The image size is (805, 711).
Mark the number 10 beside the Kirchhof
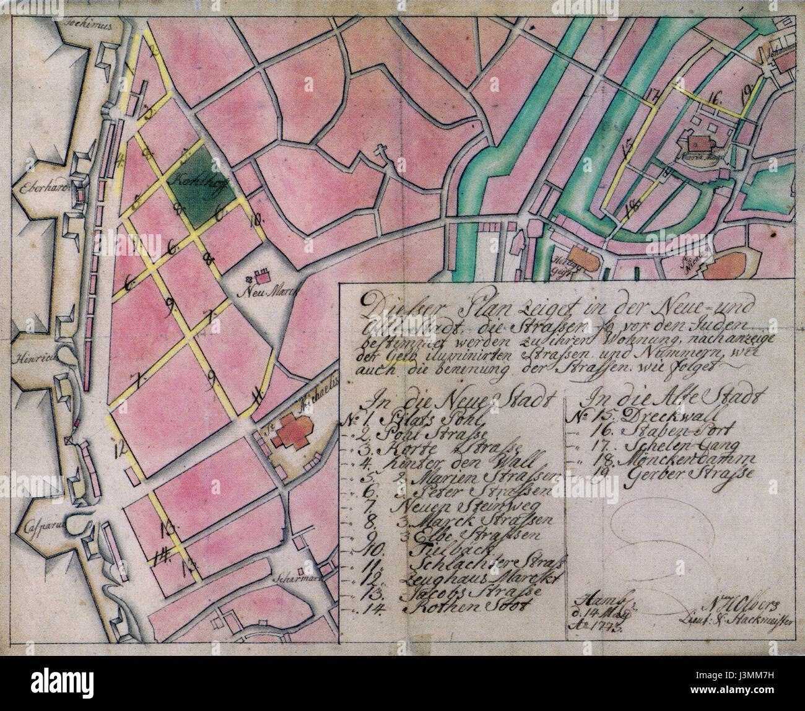pos(255,218)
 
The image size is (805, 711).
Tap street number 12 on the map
pos(120,445)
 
